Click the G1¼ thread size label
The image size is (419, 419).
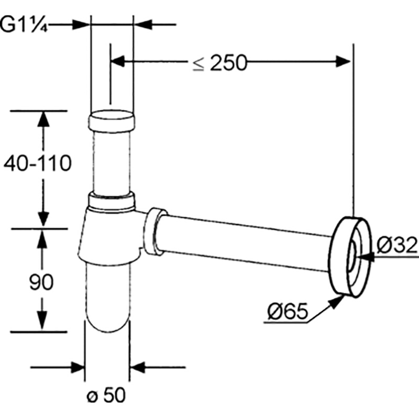point(24,25)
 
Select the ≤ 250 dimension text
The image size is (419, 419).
point(219,63)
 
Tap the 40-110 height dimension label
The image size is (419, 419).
point(38,163)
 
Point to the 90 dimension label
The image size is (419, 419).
point(41,282)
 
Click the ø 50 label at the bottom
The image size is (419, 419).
point(106,395)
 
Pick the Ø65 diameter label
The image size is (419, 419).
point(288,311)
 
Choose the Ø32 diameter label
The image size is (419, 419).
point(398,245)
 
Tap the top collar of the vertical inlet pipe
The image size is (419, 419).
point(112,121)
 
